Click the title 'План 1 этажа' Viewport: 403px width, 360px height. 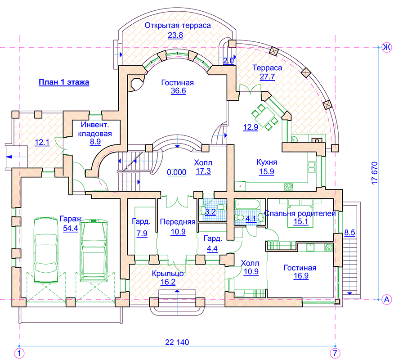click(x=64, y=82)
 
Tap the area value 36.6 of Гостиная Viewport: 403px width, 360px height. click(x=179, y=91)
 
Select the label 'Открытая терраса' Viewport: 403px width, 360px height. click(x=178, y=26)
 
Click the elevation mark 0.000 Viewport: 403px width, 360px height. click(x=177, y=172)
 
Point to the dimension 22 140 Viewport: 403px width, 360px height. click(x=177, y=342)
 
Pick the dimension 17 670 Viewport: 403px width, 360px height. click(x=375, y=173)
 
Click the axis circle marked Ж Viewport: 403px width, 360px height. click(x=387, y=48)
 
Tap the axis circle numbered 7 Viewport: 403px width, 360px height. click(x=335, y=353)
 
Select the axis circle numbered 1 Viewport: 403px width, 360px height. click(x=19, y=353)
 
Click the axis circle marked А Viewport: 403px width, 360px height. click(x=387, y=300)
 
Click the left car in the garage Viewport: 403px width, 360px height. click(x=46, y=249)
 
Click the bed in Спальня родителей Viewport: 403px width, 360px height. click(x=300, y=213)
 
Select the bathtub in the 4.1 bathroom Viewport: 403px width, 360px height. click(x=247, y=204)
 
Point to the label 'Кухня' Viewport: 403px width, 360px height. click(x=267, y=162)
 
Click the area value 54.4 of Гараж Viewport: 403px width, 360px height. click(x=71, y=228)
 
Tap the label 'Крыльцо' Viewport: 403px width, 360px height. click(x=168, y=273)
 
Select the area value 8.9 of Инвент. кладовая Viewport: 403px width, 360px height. click(x=95, y=142)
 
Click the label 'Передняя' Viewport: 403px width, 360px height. click(x=178, y=222)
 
